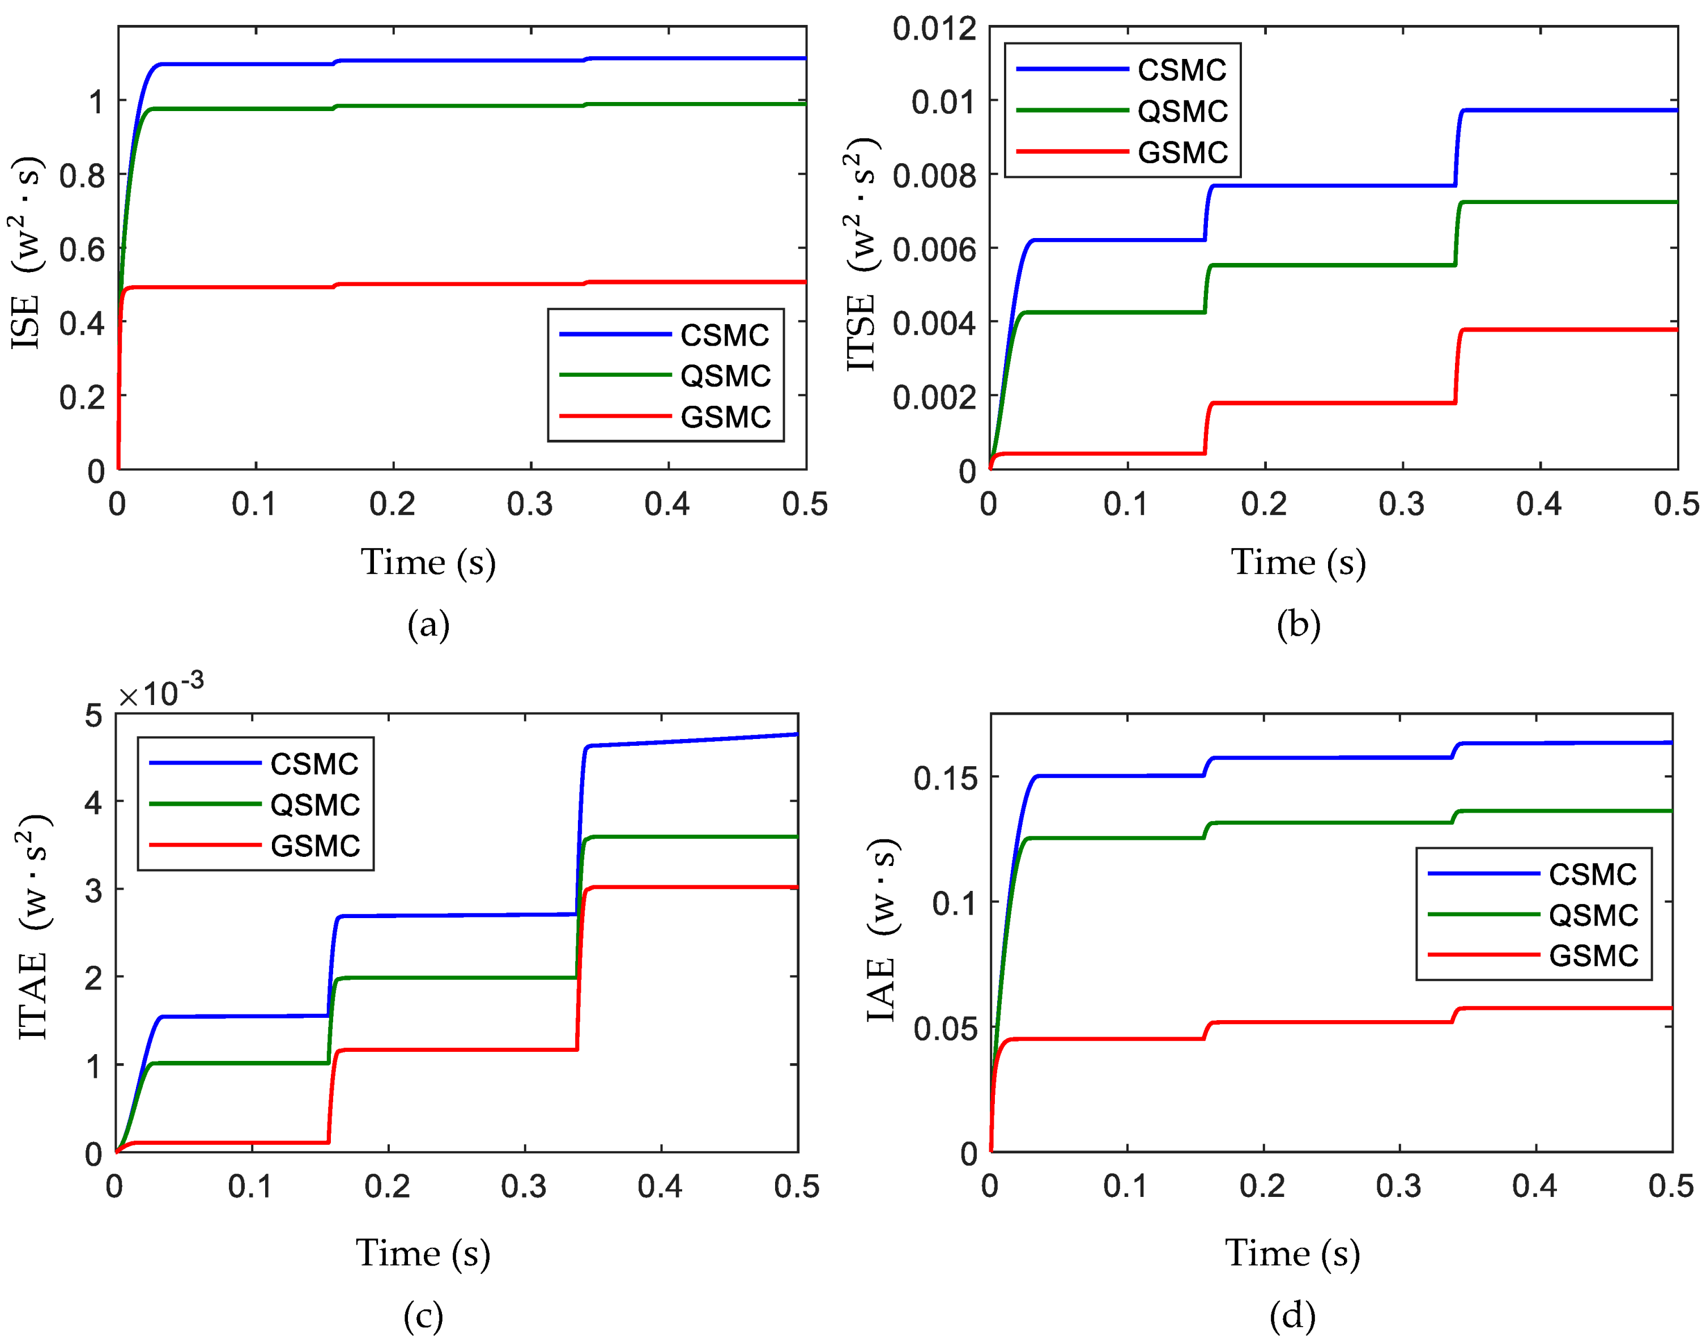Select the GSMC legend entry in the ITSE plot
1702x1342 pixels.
click(x=1181, y=152)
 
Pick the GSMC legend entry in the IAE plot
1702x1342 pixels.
click(x=1592, y=956)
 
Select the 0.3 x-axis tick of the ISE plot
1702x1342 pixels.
click(x=530, y=504)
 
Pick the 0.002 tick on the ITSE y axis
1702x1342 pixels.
click(x=934, y=397)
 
